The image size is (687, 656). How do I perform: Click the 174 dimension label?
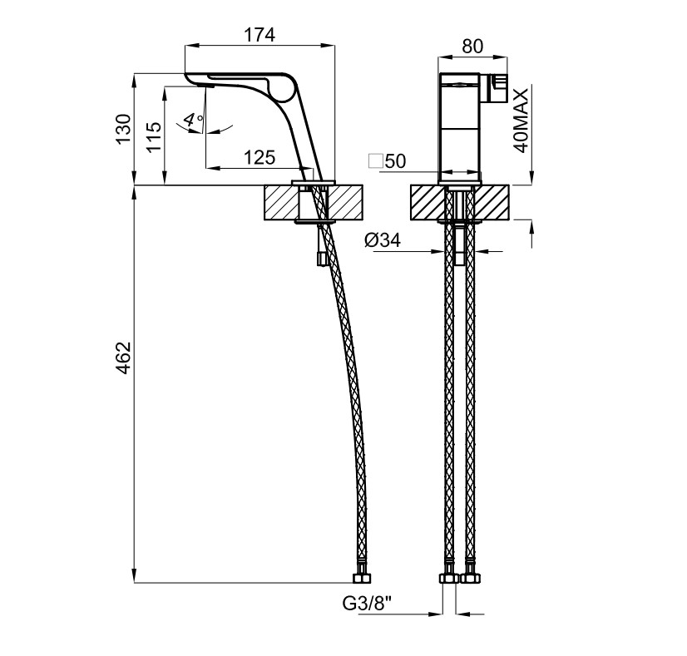tap(259, 35)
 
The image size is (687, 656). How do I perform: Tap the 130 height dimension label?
tap(124, 128)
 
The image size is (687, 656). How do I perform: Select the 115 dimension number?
tap(154, 136)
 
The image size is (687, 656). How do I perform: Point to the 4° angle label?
tap(193, 120)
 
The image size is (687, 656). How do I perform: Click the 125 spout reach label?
tap(259, 158)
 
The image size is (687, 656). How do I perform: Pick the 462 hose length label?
tap(124, 358)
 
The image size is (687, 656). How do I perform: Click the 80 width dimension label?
tap(472, 46)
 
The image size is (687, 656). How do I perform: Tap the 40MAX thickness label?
tap(521, 121)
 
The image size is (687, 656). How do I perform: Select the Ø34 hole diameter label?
tap(383, 240)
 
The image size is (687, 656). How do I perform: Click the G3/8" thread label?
tap(367, 604)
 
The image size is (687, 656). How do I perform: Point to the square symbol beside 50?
tap(375, 161)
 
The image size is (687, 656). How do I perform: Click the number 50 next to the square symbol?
tap(395, 161)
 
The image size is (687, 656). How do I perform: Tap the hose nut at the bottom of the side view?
tap(362, 578)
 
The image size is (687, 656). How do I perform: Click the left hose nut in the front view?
tap(448, 578)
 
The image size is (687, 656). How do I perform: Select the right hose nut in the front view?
tap(471, 578)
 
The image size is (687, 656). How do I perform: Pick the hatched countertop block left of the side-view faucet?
tap(281, 203)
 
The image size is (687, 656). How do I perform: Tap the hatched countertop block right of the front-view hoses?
tap(492, 203)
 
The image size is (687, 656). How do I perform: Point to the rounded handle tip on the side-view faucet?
tap(284, 86)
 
